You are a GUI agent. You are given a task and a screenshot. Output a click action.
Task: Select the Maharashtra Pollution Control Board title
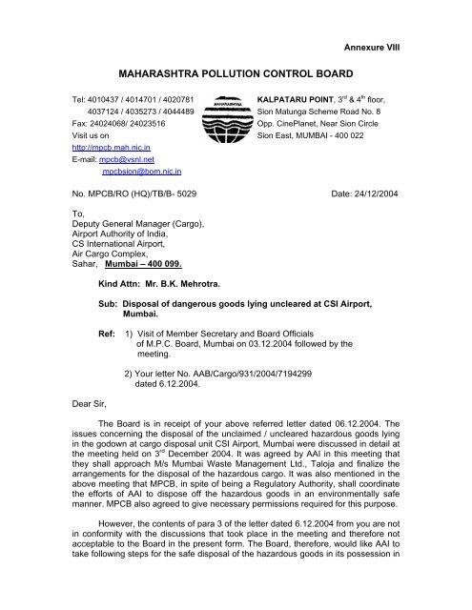[x=236, y=71]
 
